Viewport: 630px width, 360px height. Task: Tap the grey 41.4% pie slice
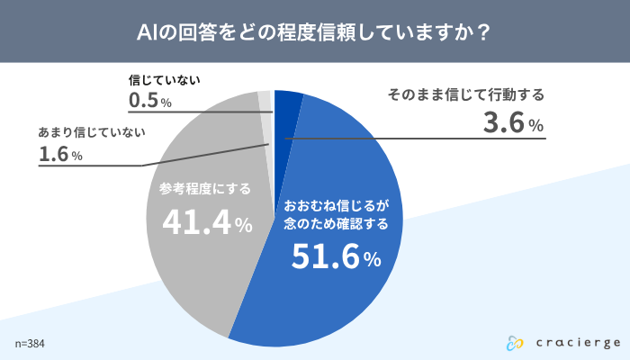click(x=193, y=270)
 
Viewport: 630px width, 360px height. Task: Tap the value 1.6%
click(x=61, y=155)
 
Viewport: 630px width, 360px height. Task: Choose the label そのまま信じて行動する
click(x=465, y=94)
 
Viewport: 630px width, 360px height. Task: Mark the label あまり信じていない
click(x=93, y=132)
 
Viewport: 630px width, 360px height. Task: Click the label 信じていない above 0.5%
click(x=164, y=79)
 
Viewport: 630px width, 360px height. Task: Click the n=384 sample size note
click(x=30, y=344)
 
